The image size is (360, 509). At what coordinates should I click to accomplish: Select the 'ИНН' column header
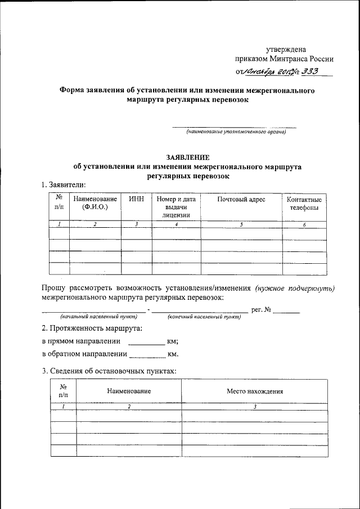[136, 199]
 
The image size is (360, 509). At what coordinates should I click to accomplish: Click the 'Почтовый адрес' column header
[241, 199]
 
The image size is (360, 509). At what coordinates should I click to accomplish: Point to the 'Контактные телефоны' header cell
[304, 204]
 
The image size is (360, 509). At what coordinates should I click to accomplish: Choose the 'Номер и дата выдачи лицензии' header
[176, 206]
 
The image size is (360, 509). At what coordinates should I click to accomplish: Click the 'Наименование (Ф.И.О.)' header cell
[94, 203]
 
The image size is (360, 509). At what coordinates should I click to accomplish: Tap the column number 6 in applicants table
[304, 224]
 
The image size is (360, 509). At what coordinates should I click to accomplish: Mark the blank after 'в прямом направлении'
[147, 342]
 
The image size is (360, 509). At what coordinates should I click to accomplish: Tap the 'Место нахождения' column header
[254, 391]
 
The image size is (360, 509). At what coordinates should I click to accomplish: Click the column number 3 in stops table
[254, 406]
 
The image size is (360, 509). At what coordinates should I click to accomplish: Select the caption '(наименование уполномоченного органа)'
[237, 132]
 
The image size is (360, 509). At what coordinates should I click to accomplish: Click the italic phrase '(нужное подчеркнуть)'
[294, 287]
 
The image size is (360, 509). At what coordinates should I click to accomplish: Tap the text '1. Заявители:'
[65, 185]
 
